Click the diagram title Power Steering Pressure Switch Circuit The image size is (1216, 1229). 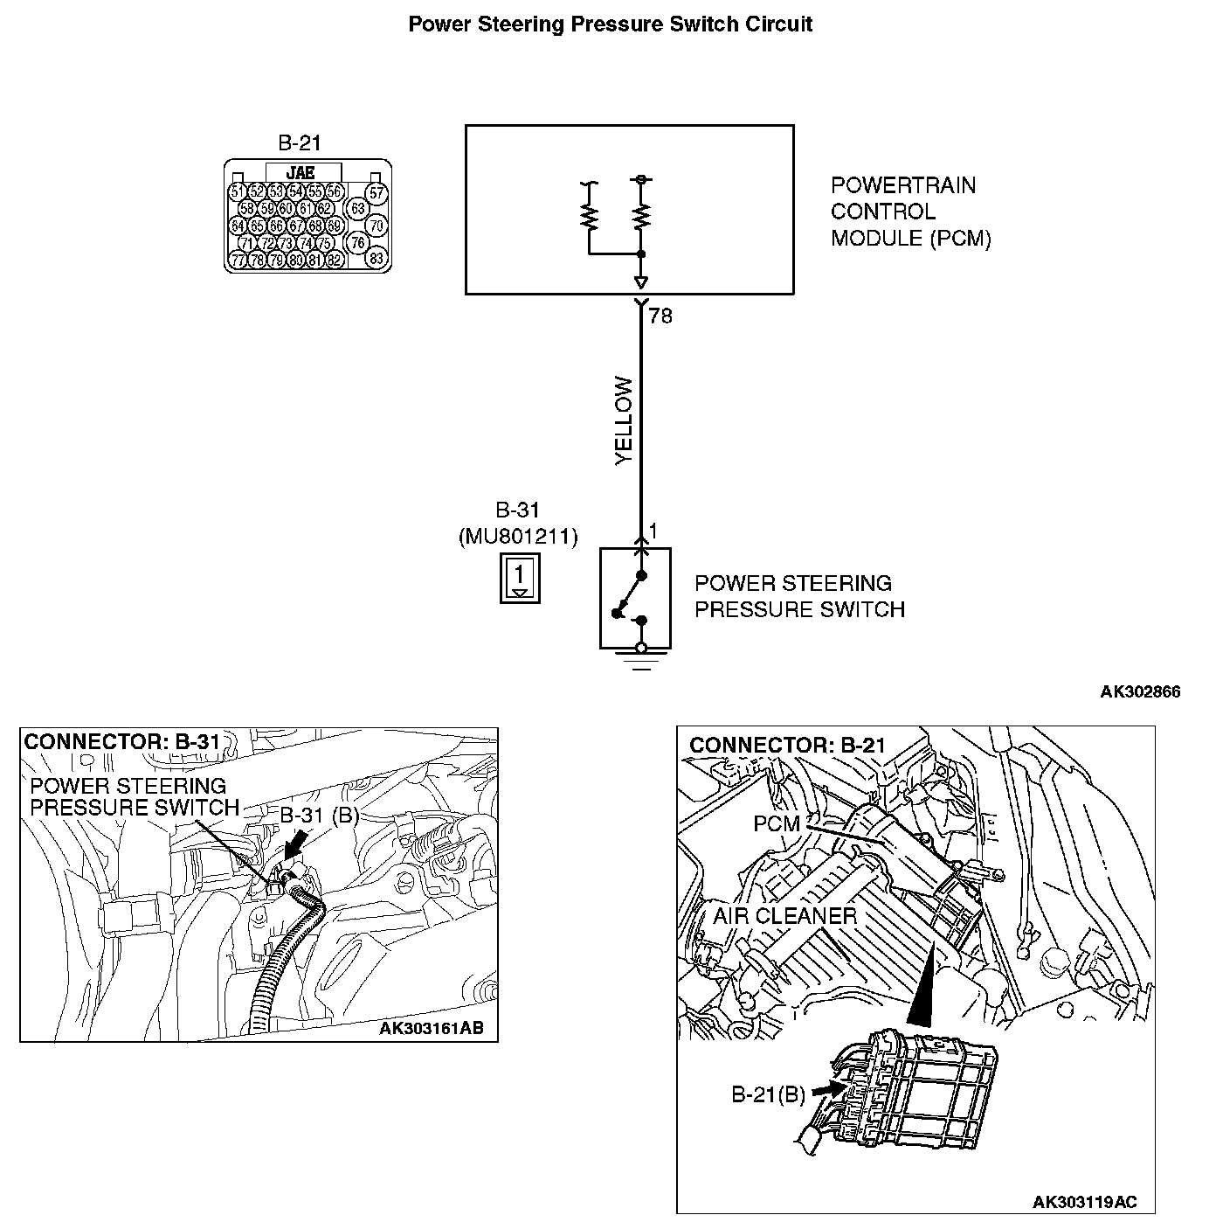(610, 24)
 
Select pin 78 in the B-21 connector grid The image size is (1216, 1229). (257, 260)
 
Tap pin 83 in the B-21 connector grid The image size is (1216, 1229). (377, 259)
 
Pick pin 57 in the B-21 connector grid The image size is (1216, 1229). (376, 192)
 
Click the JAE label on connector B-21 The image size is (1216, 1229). (301, 172)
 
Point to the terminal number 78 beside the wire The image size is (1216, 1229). (661, 316)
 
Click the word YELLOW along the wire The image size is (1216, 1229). (623, 420)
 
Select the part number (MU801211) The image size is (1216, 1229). (518, 536)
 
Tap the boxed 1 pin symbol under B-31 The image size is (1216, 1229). (520, 578)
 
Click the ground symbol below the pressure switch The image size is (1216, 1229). (641, 663)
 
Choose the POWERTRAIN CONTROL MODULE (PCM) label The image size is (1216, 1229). (910, 212)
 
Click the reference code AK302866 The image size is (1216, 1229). (1140, 691)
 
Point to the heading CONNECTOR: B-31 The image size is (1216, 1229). (121, 742)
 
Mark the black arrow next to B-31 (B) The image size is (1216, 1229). (296, 844)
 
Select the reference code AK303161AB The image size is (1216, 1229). (431, 1029)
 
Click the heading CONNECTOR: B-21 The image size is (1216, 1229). (787, 745)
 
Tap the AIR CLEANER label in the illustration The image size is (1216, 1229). (784, 916)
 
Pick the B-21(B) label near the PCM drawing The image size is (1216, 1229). (768, 1094)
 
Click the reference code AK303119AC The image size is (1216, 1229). (1085, 1202)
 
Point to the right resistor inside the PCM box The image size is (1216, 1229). (642, 214)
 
